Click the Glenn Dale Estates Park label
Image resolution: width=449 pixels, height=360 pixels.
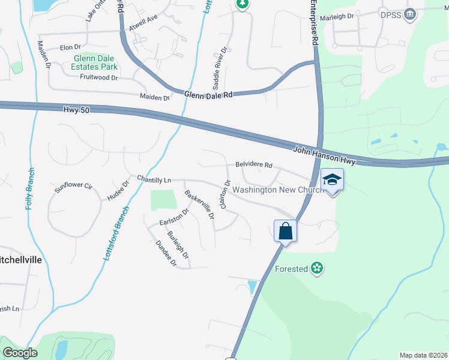pyautogui.click(x=95, y=62)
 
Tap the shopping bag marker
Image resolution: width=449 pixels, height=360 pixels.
pyautogui.click(x=286, y=230)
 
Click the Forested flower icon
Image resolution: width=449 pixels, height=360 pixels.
pyautogui.click(x=317, y=269)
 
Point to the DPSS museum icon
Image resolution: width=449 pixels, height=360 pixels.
pyautogui.click(x=410, y=14)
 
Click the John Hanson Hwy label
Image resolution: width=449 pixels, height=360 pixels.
pyautogui.click(x=325, y=156)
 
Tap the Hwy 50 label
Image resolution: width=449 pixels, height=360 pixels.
pyautogui.click(x=76, y=110)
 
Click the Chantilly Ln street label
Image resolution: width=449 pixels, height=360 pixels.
pyautogui.click(x=154, y=179)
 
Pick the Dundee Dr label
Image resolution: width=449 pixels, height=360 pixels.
pyautogui.click(x=166, y=253)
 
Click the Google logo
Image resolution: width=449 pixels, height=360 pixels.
pyautogui.click(x=20, y=352)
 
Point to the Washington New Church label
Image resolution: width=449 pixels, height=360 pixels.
pyautogui.click(x=279, y=190)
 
